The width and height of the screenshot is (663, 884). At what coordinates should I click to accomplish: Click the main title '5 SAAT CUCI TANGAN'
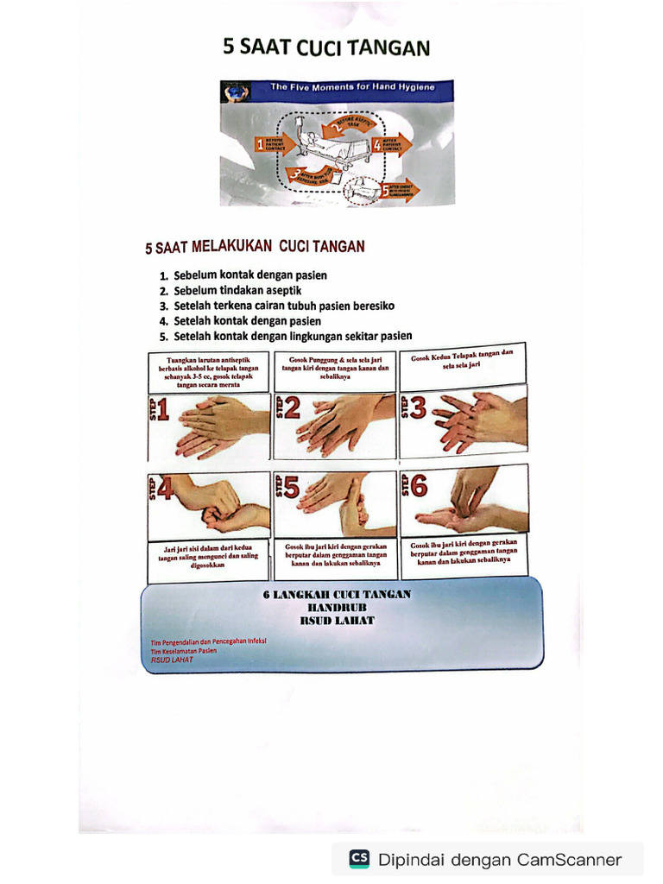pyautogui.click(x=326, y=47)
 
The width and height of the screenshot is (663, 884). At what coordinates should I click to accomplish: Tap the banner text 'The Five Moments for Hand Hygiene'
pyautogui.click(x=351, y=87)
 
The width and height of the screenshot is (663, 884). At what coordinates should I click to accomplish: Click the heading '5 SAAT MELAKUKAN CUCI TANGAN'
pyautogui.click(x=255, y=247)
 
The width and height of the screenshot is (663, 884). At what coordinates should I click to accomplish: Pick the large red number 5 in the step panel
pyautogui.click(x=292, y=488)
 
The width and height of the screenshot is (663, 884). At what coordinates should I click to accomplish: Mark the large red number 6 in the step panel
pyautogui.click(x=419, y=487)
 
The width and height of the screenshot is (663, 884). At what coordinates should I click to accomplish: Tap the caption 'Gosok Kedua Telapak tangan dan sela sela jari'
pyautogui.click(x=462, y=359)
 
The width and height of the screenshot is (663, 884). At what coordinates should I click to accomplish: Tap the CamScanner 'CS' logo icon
pyautogui.click(x=359, y=859)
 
